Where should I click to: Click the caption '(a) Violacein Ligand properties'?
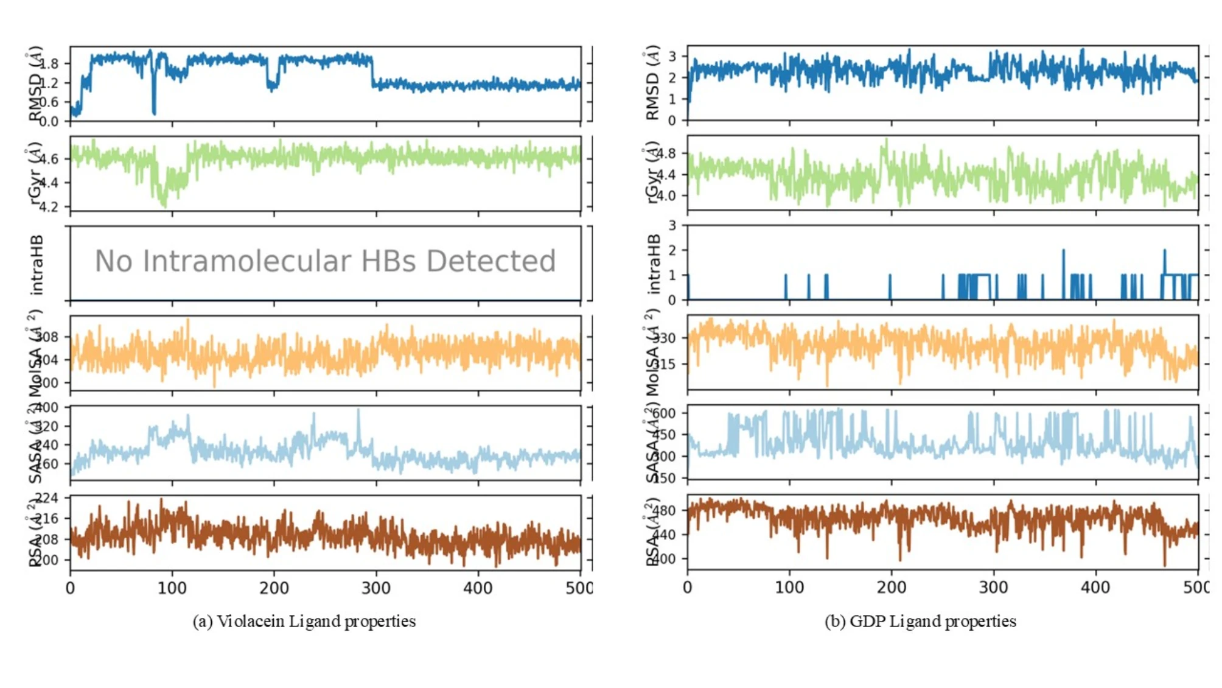pyautogui.click(x=304, y=621)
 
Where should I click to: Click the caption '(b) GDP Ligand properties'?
pyautogui.click(x=920, y=621)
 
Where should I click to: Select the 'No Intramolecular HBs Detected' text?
pyautogui.click(x=325, y=261)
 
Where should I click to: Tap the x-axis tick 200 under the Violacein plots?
pyautogui.click(x=274, y=588)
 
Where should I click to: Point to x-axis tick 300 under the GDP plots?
pyautogui.click(x=993, y=588)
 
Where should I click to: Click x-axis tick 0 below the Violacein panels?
pyautogui.click(x=71, y=588)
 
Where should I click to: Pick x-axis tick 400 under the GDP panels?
pyautogui.click(x=1095, y=588)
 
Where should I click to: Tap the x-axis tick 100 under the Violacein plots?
pyautogui.click(x=172, y=588)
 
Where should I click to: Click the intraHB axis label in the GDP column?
pyautogui.click(x=654, y=264)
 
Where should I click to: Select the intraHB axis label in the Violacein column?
pyautogui.click(x=37, y=265)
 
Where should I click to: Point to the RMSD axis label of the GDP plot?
pyautogui.click(x=652, y=83)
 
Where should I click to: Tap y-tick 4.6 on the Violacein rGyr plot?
pyautogui.click(x=49, y=159)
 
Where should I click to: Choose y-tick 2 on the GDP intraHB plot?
pyautogui.click(x=672, y=250)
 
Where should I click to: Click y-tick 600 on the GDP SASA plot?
pyautogui.click(x=663, y=413)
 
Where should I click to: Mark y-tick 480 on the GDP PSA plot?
pyautogui.click(x=663, y=510)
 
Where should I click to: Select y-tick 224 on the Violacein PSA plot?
pyautogui.click(x=47, y=498)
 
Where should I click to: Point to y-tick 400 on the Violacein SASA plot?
pyautogui.click(x=47, y=407)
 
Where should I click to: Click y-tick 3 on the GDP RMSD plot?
pyautogui.click(x=672, y=57)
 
